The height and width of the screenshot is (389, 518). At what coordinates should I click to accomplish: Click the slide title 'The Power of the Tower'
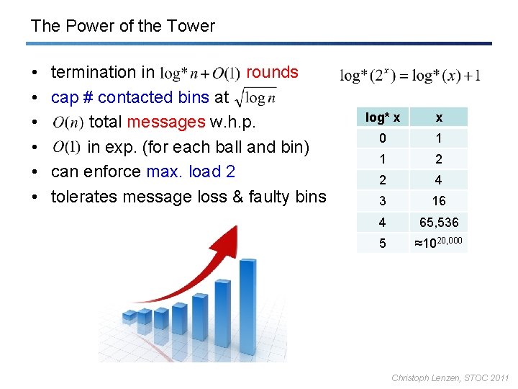click(122, 27)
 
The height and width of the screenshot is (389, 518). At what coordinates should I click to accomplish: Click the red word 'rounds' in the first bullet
click(272, 72)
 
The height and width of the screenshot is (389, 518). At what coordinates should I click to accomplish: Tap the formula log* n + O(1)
click(200, 73)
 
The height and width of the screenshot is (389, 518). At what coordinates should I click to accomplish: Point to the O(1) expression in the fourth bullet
click(66, 147)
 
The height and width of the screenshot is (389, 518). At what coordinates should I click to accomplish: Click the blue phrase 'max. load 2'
click(191, 171)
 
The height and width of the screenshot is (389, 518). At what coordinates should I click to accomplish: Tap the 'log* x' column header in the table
click(383, 117)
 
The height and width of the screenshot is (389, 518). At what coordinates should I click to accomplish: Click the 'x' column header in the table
click(439, 117)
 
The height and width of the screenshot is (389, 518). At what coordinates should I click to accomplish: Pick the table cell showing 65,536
click(439, 223)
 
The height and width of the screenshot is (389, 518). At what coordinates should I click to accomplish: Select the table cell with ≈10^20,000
click(439, 243)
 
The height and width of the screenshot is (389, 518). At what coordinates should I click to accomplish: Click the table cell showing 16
click(439, 201)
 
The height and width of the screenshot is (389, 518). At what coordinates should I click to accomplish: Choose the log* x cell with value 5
click(383, 243)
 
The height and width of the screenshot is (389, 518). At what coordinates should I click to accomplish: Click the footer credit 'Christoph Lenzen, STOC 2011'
click(450, 377)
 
